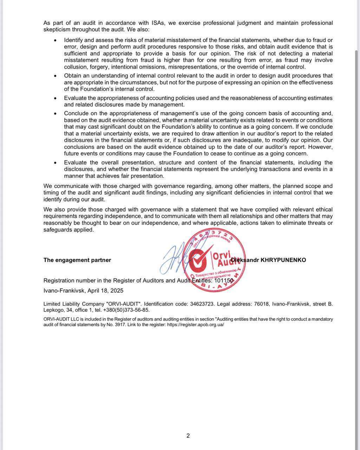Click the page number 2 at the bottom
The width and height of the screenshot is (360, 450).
(x=188, y=436)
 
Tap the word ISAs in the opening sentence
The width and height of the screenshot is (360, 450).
(x=158, y=23)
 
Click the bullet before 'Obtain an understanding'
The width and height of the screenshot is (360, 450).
(x=55, y=76)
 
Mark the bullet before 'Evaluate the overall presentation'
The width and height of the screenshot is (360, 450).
(x=55, y=163)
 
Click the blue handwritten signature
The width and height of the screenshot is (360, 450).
(x=174, y=258)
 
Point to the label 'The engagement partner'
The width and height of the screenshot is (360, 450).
(x=77, y=260)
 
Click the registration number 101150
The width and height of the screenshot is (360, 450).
(x=224, y=281)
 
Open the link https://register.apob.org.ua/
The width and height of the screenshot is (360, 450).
(x=195, y=324)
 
